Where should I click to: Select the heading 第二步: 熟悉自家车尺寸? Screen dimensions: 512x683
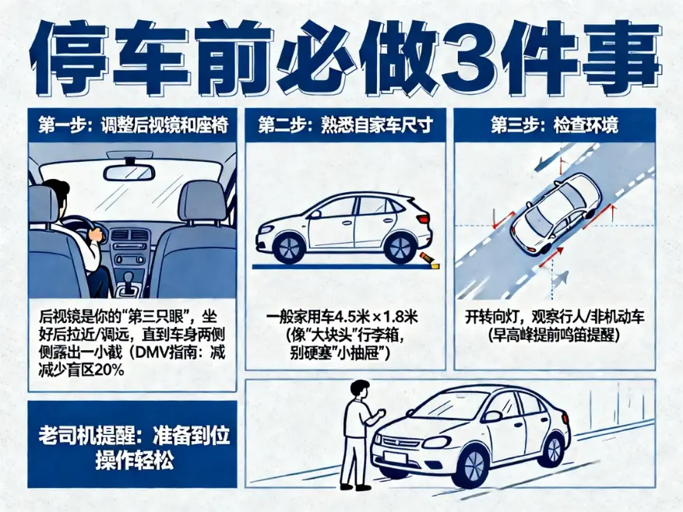click(x=344, y=124)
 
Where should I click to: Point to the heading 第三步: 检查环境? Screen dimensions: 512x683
click(x=554, y=124)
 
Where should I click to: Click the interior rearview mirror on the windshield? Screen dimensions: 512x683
click(x=129, y=171)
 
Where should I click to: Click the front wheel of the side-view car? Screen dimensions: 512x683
click(x=289, y=247)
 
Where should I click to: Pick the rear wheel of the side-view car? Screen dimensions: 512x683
click(x=400, y=247)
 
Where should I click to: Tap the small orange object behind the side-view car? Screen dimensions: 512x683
click(x=428, y=258)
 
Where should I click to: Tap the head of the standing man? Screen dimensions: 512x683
click(x=359, y=389)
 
